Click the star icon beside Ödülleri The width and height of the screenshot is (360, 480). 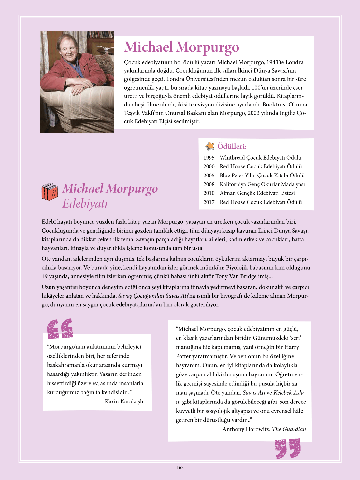tap(210, 146)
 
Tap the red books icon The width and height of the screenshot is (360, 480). tap(50, 191)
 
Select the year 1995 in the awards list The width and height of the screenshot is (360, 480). tap(209, 158)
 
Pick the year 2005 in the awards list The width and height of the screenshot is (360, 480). tap(209, 176)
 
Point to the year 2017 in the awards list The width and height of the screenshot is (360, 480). tap(209, 202)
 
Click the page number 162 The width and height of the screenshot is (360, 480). tap(180, 467)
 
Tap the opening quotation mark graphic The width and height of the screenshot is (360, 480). tap(60, 328)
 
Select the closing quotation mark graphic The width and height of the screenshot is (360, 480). tap(288, 448)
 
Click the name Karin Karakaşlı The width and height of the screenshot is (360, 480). tap(124, 402)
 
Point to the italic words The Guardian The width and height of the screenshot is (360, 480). tap(289, 429)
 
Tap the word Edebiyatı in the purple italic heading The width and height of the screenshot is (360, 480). tap(85, 204)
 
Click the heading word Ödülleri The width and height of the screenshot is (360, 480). tap(232, 147)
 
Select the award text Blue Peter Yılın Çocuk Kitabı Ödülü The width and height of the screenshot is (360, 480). tap(262, 176)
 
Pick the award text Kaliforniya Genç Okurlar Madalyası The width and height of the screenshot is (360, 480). tap(262, 184)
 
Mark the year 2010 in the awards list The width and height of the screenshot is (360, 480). tap(209, 193)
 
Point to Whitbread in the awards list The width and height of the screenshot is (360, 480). tap(232, 158)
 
